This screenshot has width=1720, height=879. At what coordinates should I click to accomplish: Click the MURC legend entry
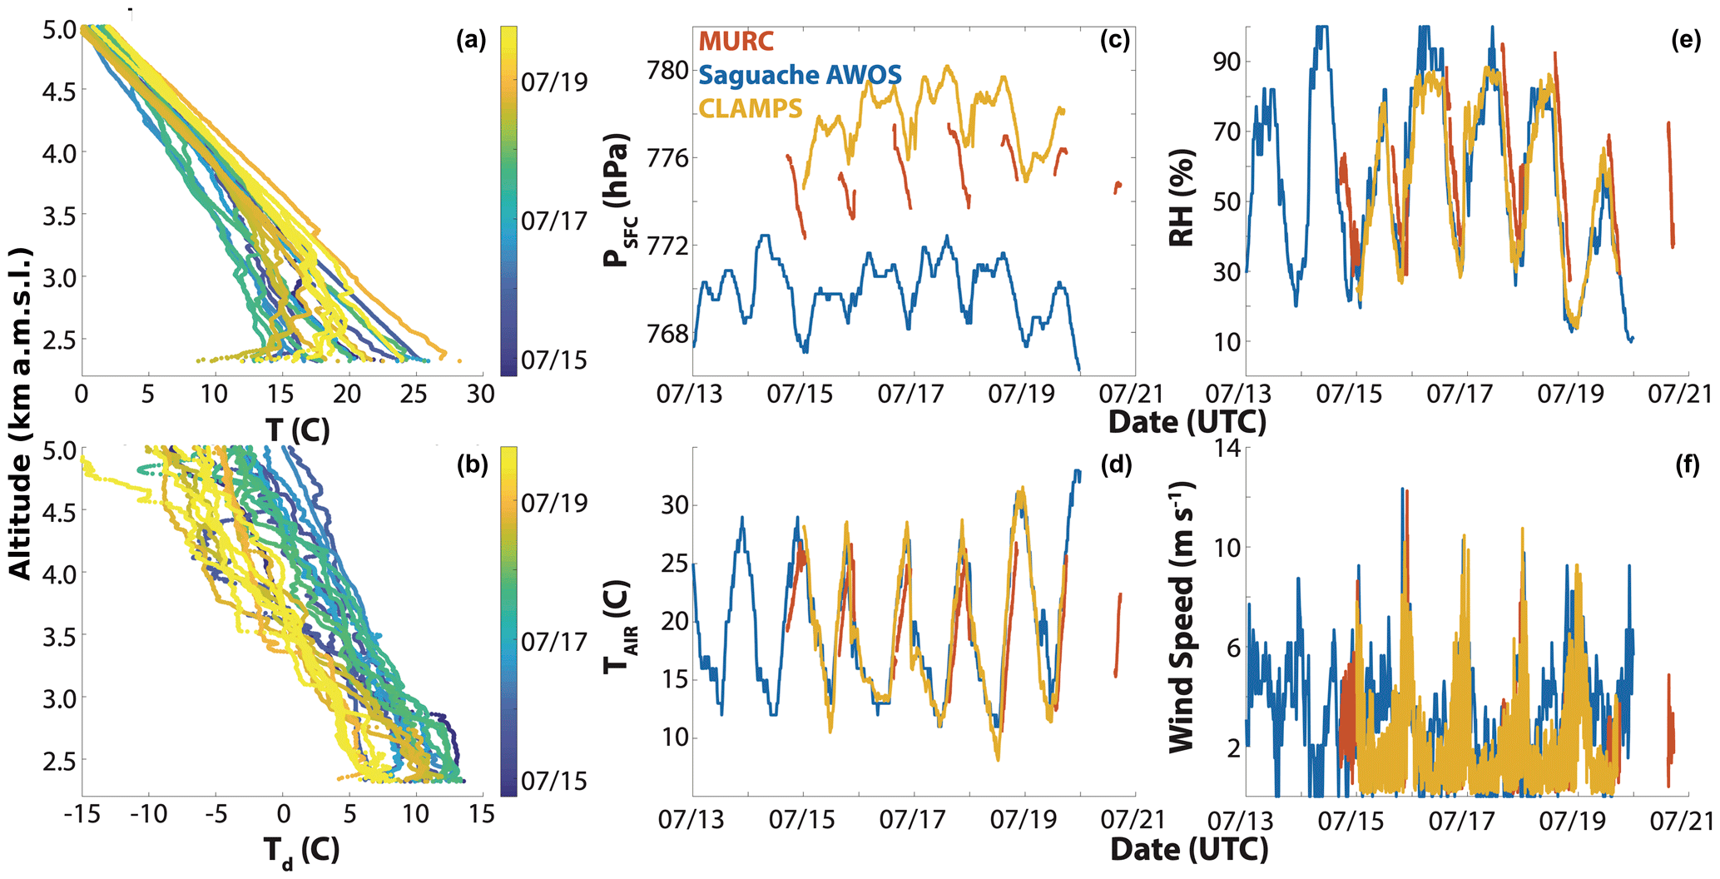(736, 41)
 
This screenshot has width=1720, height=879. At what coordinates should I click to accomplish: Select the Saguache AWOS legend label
(800, 75)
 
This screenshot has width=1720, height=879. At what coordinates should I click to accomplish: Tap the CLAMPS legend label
(751, 108)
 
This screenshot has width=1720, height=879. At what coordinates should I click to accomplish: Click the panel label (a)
(471, 41)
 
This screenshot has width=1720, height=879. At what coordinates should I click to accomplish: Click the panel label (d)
(1115, 465)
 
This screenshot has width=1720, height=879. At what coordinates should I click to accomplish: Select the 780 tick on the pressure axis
(668, 70)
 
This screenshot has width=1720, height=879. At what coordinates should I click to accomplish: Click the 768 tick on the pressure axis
(668, 334)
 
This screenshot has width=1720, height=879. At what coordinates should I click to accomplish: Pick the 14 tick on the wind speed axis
(1227, 449)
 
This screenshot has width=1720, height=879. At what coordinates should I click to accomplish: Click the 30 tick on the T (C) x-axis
(480, 393)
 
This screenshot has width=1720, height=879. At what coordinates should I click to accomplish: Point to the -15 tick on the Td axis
(82, 813)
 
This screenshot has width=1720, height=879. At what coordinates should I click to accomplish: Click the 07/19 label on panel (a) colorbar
(554, 82)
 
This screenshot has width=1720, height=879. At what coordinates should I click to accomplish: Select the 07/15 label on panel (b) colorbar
(554, 781)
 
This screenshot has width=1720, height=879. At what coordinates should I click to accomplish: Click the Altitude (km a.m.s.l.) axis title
(20, 413)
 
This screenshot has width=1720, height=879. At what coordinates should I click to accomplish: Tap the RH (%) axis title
(1182, 198)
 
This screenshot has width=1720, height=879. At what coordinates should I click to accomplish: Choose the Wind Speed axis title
(1182, 617)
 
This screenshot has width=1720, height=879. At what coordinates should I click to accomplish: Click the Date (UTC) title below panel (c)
(1187, 422)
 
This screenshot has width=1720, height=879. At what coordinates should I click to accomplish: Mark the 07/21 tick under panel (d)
(1133, 819)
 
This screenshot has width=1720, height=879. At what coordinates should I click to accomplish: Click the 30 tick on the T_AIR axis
(674, 505)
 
